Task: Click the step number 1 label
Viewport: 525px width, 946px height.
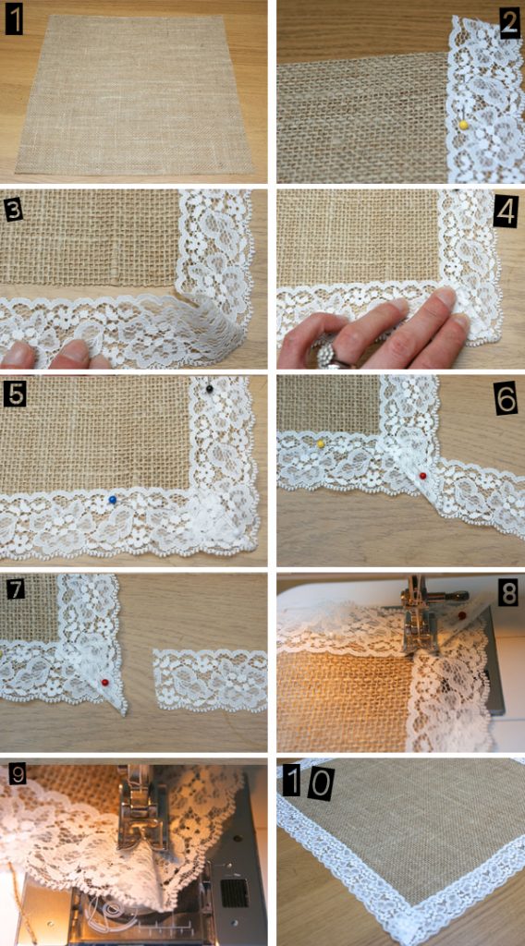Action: (x=14, y=20)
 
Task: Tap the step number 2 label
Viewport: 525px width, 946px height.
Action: (x=508, y=22)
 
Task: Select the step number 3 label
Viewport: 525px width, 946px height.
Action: (x=13, y=210)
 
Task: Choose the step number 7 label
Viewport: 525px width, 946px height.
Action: (x=15, y=588)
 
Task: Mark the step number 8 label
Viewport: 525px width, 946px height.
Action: (x=507, y=594)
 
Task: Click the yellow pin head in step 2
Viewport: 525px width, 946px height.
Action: (x=462, y=124)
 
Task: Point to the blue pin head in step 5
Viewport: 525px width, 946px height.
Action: (x=112, y=500)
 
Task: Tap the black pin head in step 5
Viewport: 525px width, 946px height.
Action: (x=211, y=390)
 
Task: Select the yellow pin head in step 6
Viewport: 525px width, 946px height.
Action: (x=320, y=444)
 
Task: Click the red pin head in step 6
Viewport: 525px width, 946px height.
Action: (x=422, y=476)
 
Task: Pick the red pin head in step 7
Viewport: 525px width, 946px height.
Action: (x=104, y=682)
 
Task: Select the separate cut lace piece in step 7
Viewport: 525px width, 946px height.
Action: (x=209, y=679)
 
